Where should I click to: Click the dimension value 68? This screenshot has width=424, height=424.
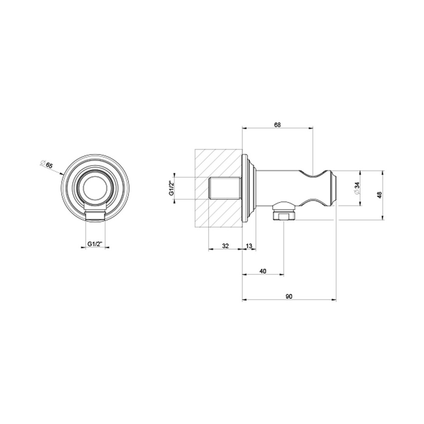point(277,125)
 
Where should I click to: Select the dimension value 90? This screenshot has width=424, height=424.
point(289,296)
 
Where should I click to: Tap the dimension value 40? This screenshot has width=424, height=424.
point(263,271)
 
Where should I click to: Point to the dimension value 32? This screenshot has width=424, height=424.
point(225,245)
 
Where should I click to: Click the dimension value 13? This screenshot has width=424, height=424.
point(249,245)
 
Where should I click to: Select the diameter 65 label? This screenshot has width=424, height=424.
point(48,165)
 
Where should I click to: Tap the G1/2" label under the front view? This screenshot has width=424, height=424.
point(95,244)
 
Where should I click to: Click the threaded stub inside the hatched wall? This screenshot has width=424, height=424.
point(224,190)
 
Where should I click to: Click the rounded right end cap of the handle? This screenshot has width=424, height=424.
point(333,190)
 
